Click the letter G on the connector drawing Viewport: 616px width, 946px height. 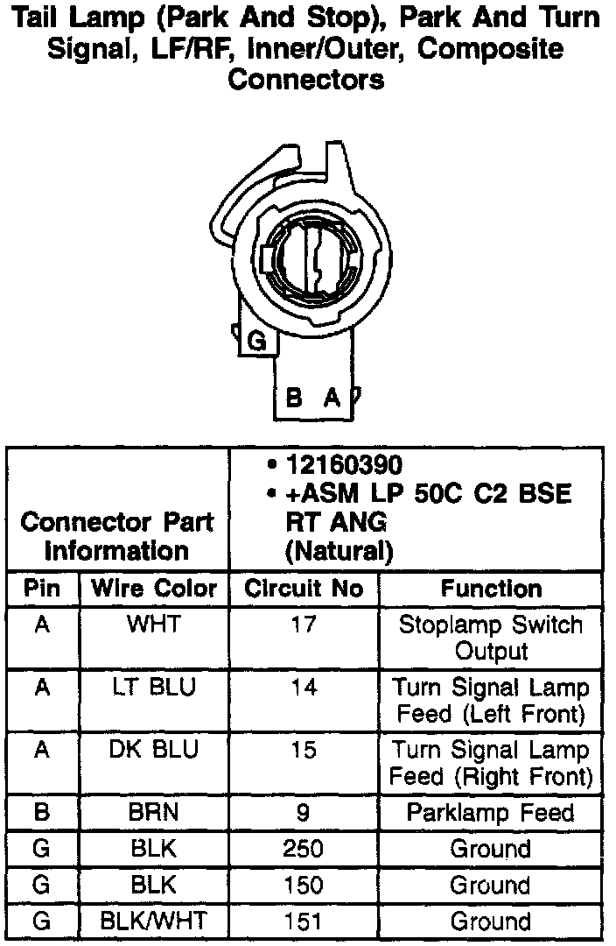point(258,342)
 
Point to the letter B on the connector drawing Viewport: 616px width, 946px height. point(295,399)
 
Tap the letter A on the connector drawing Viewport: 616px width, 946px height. point(332,399)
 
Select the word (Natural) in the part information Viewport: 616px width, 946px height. point(338,552)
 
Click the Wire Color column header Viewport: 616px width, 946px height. point(154,589)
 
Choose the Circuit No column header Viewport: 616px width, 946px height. point(304,589)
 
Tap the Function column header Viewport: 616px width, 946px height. point(491,589)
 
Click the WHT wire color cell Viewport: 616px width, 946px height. point(154,625)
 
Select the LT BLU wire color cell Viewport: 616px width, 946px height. point(154,688)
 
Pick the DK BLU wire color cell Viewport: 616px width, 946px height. point(154,751)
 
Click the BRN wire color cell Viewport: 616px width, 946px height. point(154,812)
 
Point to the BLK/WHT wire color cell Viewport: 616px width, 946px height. point(154,921)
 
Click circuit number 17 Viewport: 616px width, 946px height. point(304,625)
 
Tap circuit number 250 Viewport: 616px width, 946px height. point(304,849)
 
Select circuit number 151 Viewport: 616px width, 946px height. point(304,921)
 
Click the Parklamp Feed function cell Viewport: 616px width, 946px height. point(491,812)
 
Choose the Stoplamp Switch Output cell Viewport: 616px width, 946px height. point(491,638)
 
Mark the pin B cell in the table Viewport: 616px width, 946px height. point(42,812)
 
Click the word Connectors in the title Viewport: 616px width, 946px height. point(306,80)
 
